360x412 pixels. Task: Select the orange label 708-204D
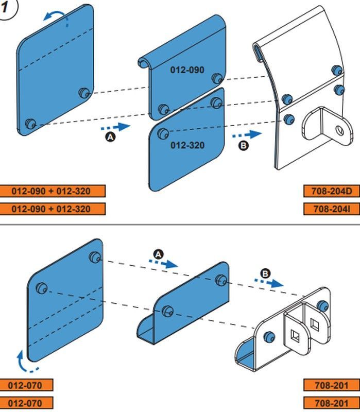[331, 191]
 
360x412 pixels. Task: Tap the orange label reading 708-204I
[331, 209]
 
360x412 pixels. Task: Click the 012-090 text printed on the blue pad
[187, 70]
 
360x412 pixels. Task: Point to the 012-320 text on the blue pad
[187, 145]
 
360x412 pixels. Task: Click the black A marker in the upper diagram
[110, 137]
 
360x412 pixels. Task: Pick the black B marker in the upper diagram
[243, 145]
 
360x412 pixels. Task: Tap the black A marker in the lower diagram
[158, 254]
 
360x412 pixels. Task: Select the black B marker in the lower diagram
[265, 273]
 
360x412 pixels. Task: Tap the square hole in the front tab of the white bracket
[296, 336]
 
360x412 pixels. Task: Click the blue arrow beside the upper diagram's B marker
[247, 134]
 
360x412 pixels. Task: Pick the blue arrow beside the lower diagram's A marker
[163, 264]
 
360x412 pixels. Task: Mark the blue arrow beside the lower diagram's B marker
[269, 282]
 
